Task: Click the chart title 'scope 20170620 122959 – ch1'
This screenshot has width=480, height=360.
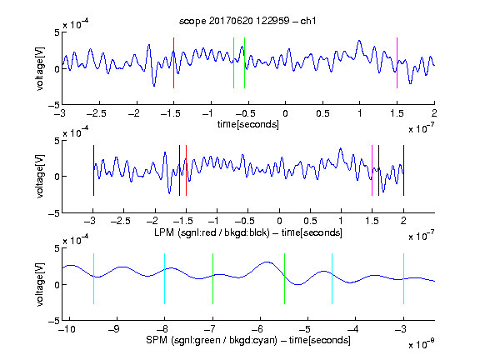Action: tap(247, 21)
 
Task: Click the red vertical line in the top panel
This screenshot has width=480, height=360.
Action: tap(173, 63)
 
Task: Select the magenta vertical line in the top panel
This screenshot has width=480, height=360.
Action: tap(397, 63)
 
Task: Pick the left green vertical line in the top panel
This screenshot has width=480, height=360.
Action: tap(233, 63)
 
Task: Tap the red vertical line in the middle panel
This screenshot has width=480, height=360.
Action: tap(186, 171)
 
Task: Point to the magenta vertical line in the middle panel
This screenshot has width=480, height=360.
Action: tap(372, 171)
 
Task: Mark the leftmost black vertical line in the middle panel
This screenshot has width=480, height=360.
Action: tap(93, 171)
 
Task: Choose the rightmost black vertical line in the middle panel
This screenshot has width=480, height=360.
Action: tap(403, 171)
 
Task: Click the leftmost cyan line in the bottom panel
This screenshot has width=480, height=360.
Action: tap(93, 279)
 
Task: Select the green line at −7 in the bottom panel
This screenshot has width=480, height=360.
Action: tap(212, 279)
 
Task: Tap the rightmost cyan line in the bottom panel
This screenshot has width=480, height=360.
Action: tap(403, 279)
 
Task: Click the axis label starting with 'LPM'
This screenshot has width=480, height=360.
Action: tap(248, 232)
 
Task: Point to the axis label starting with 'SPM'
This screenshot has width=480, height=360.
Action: tap(248, 340)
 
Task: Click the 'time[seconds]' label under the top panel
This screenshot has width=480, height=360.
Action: tap(248, 124)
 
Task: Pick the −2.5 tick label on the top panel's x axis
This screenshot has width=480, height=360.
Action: tap(96, 113)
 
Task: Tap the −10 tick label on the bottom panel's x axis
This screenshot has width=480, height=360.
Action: tap(67, 329)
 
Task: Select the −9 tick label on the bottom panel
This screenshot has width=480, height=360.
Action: tap(114, 329)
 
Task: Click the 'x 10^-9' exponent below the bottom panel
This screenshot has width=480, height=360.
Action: tap(421, 344)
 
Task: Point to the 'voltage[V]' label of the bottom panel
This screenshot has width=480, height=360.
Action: tap(40, 285)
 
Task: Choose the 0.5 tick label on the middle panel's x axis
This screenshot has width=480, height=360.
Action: tap(310, 221)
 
